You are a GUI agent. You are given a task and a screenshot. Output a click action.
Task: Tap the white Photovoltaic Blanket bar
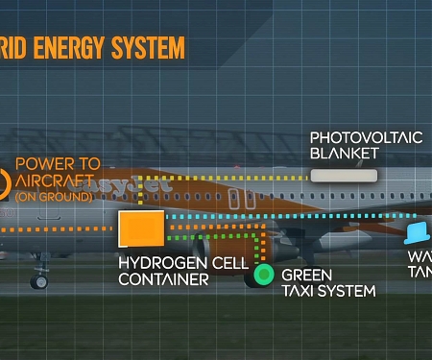click(344, 176)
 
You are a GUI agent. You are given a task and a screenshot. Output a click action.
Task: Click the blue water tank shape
click(418, 233)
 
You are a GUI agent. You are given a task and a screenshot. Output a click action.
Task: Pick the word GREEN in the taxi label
click(307, 274)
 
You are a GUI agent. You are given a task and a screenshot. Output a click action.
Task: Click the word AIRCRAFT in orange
click(55, 180)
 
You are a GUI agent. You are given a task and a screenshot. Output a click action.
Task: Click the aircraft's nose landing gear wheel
click(39, 280)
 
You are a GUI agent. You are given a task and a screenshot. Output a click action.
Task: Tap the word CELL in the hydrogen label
click(230, 262)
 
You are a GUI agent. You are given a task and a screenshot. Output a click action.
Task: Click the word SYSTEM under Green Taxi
click(348, 290)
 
